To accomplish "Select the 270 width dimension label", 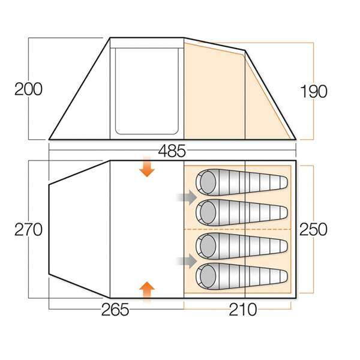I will click(x=28, y=229).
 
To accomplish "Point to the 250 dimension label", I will click(x=313, y=229).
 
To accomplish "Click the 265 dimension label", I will click(x=115, y=310).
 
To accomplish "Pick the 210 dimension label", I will click(x=243, y=310).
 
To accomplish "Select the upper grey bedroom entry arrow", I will click(x=187, y=196).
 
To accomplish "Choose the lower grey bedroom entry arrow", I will click(x=187, y=260).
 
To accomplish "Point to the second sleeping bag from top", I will click(x=240, y=212).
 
